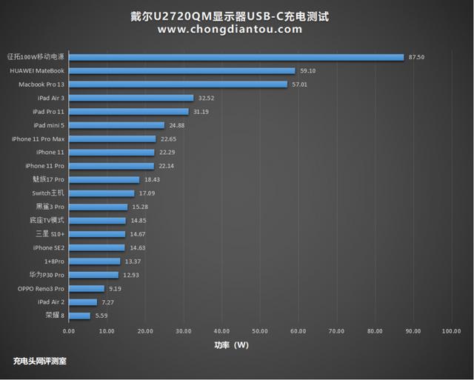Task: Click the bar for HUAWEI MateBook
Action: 181,70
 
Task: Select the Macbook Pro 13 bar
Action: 178,84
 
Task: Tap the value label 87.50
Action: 416,57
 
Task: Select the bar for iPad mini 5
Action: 116,125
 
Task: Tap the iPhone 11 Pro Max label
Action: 38,139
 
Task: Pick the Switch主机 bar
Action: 101,193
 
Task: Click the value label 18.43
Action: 153,179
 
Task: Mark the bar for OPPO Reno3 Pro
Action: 86,288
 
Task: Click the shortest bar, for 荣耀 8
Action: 79,316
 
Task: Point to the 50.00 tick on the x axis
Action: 260,331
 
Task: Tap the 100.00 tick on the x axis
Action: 451,331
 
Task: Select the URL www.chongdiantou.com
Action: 230,30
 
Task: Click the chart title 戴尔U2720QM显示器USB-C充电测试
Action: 230,16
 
